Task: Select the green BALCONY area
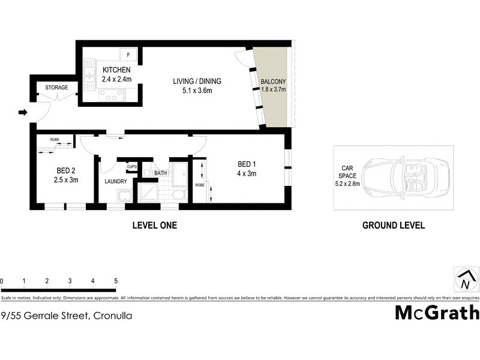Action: [273, 90]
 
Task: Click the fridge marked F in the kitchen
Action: [128, 55]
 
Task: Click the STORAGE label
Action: [56, 88]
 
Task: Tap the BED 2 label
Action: [65, 170]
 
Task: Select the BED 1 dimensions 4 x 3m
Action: [247, 174]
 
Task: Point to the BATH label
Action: [160, 173]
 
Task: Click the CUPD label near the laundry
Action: [131, 166]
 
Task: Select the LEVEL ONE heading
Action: [154, 226]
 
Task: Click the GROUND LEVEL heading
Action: [394, 226]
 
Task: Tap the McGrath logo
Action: [437, 313]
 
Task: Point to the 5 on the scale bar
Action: [115, 281]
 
